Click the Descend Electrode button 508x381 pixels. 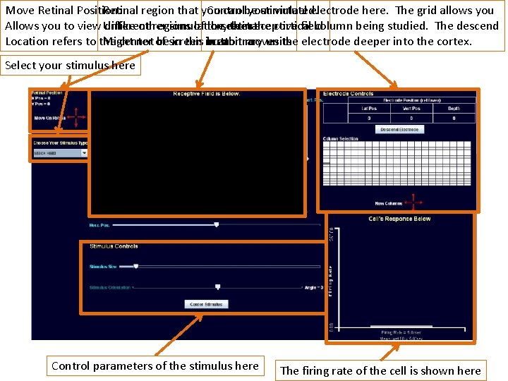[x=399, y=129]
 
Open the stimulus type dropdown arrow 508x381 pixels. [x=84, y=152]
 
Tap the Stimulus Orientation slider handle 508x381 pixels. [x=217, y=287]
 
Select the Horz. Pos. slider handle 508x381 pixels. [x=217, y=224]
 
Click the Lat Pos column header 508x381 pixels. [x=368, y=108]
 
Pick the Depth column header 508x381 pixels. [x=454, y=108]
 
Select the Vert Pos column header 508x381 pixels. [x=411, y=108]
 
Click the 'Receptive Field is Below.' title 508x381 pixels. [x=206, y=94]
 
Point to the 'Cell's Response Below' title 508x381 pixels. [x=399, y=219]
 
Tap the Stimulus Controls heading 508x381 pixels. [x=114, y=246]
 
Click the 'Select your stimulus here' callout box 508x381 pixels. [x=69, y=66]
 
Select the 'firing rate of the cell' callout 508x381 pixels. [x=380, y=370]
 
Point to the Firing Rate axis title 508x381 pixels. [x=330, y=280]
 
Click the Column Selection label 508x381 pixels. [x=339, y=139]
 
